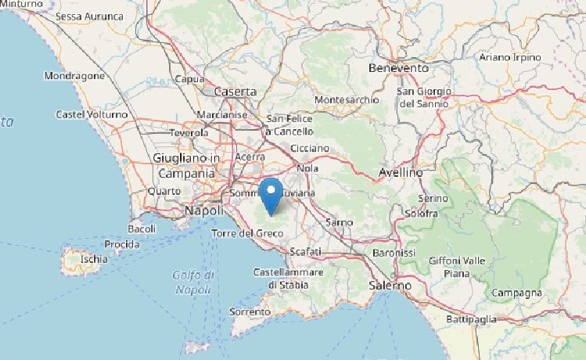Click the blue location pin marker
click(x=271, y=193)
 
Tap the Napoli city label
click(x=203, y=211)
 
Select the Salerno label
click(x=390, y=286)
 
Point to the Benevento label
click(x=398, y=68)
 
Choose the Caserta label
click(x=235, y=92)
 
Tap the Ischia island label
click(x=94, y=259)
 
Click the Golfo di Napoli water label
click(x=193, y=282)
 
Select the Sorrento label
click(x=250, y=311)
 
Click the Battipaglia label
click(x=472, y=319)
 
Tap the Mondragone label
click(x=74, y=77)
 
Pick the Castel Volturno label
click(x=92, y=114)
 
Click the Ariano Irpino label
click(x=510, y=57)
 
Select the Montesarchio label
click(x=346, y=100)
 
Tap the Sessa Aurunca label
click(x=90, y=16)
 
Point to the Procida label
click(x=122, y=244)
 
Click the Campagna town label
click(x=516, y=293)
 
